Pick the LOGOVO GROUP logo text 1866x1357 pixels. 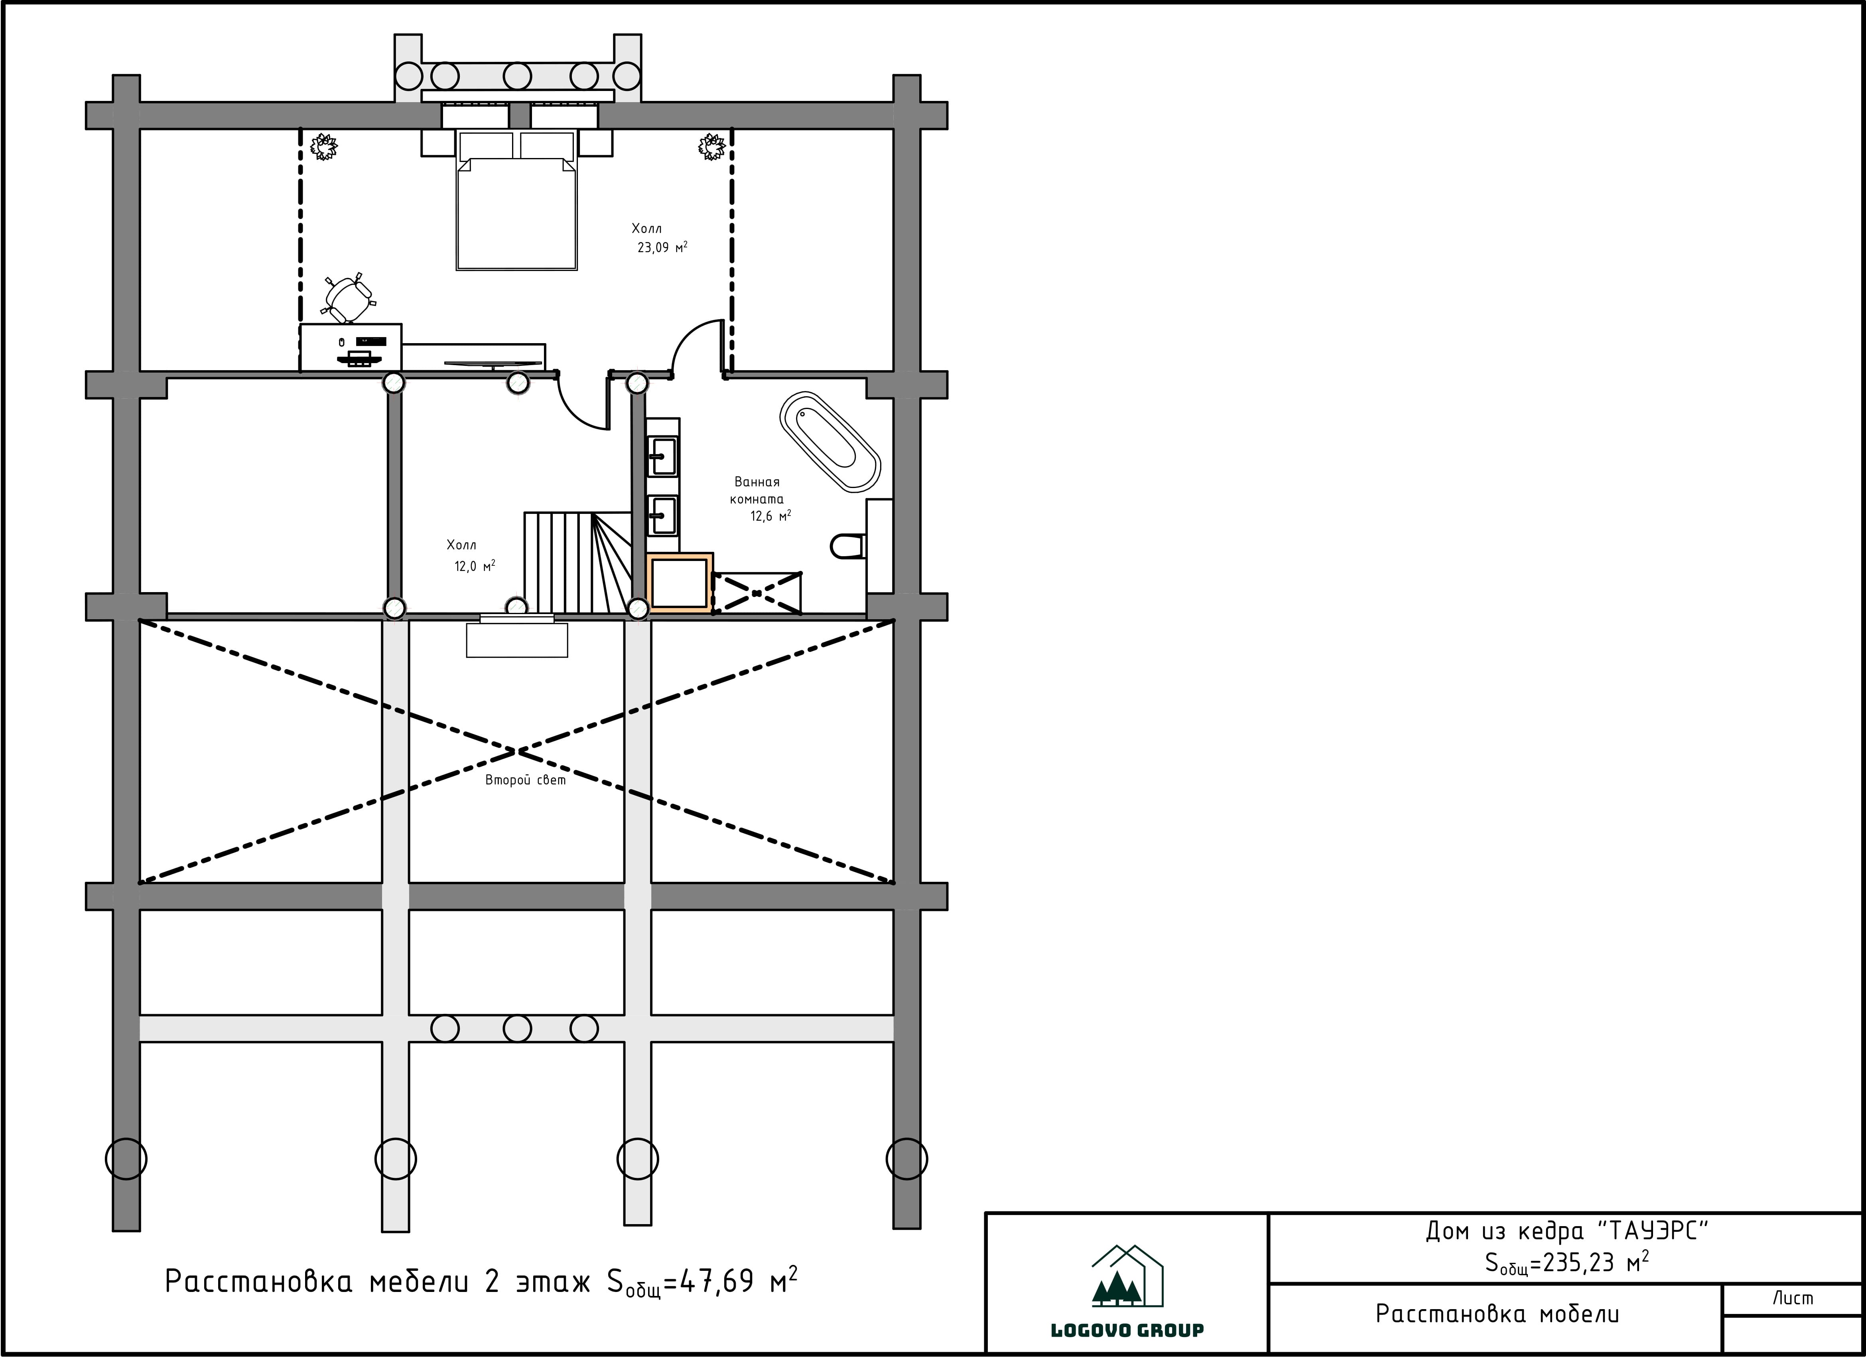[x=1127, y=1330]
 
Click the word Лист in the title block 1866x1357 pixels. [x=1793, y=1299]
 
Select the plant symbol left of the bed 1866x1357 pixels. [x=323, y=147]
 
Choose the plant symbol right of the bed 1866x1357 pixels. [x=712, y=147]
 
